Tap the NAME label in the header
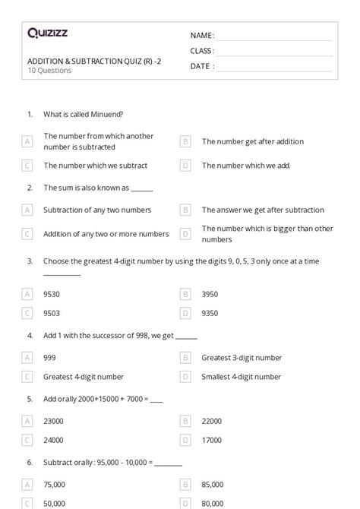[x=201, y=36]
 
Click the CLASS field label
[x=202, y=51]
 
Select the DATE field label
[x=201, y=66]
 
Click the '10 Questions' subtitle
[x=49, y=71]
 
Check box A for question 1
[x=27, y=141]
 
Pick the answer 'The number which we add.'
[x=245, y=165]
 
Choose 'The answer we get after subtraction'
[x=262, y=210]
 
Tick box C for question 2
[x=27, y=234]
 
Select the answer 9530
[x=53, y=292]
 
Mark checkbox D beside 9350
[x=185, y=312]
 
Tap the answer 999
[x=49, y=357]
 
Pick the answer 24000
[x=53, y=439]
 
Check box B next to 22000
[x=185, y=420]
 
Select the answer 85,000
[x=212, y=484]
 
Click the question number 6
[x=30, y=461]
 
